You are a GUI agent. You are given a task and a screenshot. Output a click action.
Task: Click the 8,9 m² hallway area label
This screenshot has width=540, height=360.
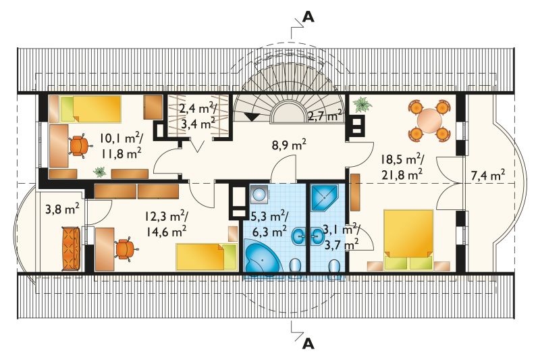tap(289, 146)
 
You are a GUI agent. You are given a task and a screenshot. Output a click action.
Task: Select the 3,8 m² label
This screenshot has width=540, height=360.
tap(63, 209)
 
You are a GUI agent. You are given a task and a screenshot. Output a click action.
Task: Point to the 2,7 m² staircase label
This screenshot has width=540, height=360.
tap(325, 116)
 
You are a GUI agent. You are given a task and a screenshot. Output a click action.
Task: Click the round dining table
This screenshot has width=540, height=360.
tap(429, 121)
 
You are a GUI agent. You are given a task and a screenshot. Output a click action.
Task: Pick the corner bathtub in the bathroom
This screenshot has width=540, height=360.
tap(262, 255)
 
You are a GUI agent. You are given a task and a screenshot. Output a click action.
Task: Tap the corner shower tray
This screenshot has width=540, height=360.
tap(324, 197)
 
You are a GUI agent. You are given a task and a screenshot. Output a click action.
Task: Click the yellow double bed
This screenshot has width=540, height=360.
tap(408, 240)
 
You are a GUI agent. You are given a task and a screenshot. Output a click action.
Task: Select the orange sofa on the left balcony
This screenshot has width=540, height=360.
tap(72, 249)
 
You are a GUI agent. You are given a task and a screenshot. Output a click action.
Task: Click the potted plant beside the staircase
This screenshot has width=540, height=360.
tap(362, 104)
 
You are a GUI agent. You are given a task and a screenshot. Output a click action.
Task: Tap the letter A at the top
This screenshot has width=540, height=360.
tap(308, 18)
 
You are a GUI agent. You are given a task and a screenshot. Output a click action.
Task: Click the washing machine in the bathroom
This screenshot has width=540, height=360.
tap(259, 195)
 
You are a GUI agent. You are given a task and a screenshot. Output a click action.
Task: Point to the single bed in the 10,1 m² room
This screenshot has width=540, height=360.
tap(90, 109)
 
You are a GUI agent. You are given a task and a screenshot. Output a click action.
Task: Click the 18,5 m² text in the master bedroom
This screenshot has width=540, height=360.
tap(402, 160)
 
